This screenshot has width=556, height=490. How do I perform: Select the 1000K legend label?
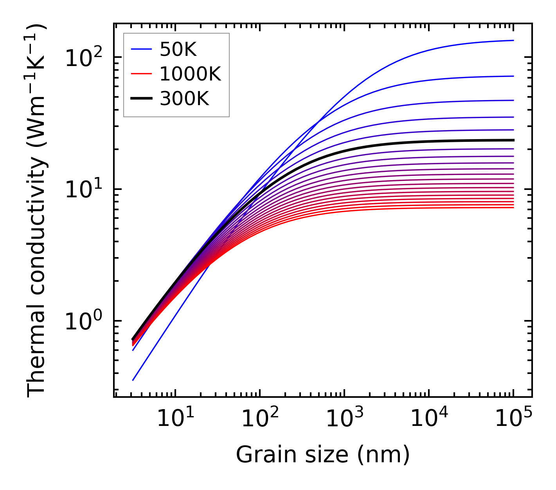tap(190, 74)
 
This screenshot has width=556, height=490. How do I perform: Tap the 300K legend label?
tap(184, 99)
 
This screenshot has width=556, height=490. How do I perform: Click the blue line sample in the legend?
tap(141, 49)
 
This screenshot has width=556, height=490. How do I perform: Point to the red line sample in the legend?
tap(141, 74)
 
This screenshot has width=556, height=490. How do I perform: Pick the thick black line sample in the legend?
tap(141, 99)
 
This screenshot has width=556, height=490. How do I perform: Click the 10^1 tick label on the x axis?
tap(175, 419)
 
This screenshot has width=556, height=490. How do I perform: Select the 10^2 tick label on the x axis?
tap(259, 419)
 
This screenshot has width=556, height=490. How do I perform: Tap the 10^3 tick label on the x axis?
tap(344, 419)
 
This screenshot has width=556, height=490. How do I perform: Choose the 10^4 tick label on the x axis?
tap(428, 419)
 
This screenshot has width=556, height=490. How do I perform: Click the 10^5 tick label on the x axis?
tap(513, 419)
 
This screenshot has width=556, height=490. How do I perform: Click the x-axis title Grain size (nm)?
tap(323, 455)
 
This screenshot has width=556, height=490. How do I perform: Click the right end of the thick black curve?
tap(513, 140)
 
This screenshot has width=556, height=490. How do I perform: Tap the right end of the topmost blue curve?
tap(513, 40)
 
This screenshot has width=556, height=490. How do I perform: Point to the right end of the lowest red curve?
tap(513, 207)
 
